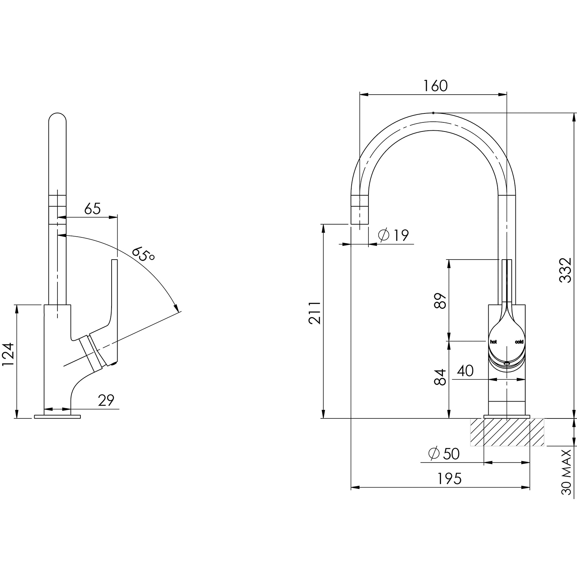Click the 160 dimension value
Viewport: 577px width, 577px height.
point(436,86)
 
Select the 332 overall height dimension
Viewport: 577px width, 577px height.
point(565,270)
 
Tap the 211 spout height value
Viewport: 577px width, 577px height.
point(315,313)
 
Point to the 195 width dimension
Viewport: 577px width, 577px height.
point(449,479)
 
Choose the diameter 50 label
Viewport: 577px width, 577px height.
point(444,454)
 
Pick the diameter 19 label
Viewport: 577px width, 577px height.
point(393,235)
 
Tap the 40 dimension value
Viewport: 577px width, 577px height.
point(465,371)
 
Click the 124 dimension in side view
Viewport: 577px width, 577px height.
point(8,354)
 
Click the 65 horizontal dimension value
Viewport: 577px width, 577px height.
point(92,208)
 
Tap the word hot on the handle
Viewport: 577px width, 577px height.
point(493,342)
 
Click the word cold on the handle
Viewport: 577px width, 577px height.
point(519,342)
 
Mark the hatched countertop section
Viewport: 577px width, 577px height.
point(507,432)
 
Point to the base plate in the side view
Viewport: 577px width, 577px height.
point(57,417)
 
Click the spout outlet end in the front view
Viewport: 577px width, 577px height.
point(359,224)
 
